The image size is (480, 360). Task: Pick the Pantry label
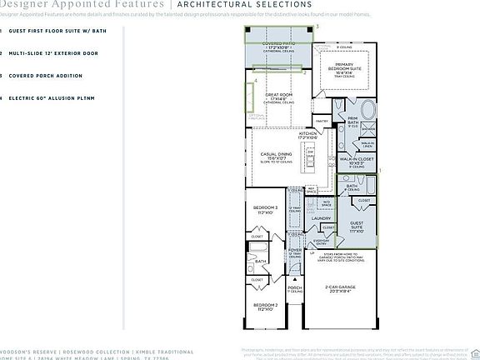click(x=321, y=120)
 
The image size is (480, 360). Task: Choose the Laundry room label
click(x=320, y=218)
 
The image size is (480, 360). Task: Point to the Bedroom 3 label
click(x=266, y=209)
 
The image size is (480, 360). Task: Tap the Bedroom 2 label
click(x=266, y=306)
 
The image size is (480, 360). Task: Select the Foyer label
click(x=296, y=250)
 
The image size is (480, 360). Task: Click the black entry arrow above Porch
click(x=296, y=280)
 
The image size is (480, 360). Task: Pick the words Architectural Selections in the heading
click(x=230, y=5)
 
